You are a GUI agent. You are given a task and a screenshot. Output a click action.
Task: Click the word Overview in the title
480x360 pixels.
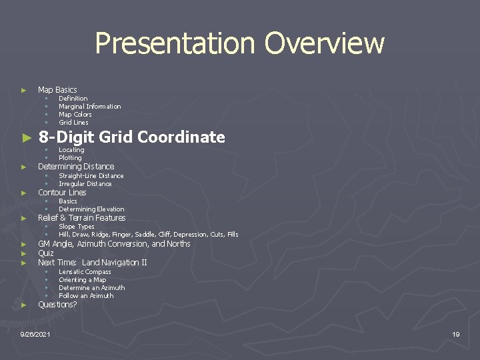tap(324, 44)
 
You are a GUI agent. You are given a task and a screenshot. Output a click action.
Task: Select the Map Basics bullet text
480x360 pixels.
tap(57, 89)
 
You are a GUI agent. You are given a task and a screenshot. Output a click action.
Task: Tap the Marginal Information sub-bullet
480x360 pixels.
tap(90, 107)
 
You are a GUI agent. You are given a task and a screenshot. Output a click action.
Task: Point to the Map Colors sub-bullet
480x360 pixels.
tap(75, 115)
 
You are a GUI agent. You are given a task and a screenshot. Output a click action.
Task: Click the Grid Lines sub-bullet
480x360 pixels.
tap(73, 123)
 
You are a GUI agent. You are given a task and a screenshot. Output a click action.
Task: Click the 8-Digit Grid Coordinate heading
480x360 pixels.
tap(131, 137)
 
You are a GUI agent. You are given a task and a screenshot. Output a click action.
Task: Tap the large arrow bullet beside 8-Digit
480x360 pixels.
tap(26, 138)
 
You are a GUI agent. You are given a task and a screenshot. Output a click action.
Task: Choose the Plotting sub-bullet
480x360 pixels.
tap(71, 158)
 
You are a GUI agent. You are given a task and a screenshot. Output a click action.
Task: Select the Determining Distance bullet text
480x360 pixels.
tap(76, 166)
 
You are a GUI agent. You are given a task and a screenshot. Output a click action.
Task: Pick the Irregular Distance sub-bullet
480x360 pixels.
tap(85, 184)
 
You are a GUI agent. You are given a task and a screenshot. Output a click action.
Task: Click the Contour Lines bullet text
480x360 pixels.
tap(62, 193)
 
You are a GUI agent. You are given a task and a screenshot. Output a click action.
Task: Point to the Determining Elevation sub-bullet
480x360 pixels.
tap(91, 209)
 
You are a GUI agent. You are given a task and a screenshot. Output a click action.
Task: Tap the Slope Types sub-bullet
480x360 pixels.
tap(77, 227)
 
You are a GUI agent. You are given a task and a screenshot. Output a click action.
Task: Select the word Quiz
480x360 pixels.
tap(46, 253)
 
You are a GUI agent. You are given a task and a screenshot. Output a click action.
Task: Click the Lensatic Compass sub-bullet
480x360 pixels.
tap(85, 272)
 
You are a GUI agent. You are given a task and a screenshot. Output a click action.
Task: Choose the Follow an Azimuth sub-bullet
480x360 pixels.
tap(86, 296)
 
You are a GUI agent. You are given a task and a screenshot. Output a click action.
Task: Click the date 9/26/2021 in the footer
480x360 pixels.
tap(39, 333)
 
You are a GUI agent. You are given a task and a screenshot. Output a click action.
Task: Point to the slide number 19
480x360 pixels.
tap(456, 333)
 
